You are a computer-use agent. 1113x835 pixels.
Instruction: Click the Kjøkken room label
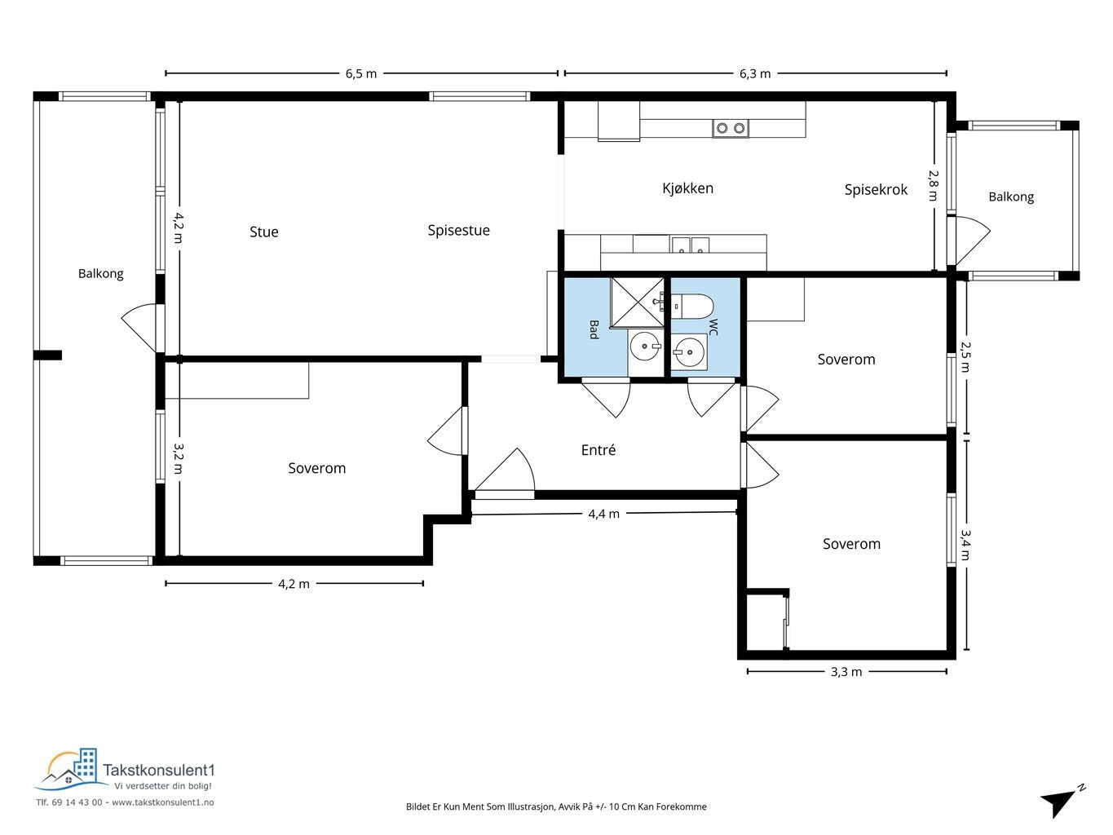pos(687,188)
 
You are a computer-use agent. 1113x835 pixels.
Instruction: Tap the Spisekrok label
pos(876,190)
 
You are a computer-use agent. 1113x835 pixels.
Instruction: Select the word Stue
pos(263,232)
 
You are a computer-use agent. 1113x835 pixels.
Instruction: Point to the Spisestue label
pos(458,231)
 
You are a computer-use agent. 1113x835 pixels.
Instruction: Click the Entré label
pos(598,449)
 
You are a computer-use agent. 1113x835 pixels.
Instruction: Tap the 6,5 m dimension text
pos(361,74)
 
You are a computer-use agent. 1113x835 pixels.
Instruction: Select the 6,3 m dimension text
pos(755,74)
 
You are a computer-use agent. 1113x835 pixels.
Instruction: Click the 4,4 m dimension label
pos(604,514)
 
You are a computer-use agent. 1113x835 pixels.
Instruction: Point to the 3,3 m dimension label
pos(846,672)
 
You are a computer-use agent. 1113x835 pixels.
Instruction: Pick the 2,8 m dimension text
pos(933,186)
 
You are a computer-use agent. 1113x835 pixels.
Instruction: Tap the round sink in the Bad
pos(645,347)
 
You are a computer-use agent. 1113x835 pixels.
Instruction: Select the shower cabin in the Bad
pos(637,303)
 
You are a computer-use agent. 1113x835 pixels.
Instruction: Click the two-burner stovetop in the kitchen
pos(731,128)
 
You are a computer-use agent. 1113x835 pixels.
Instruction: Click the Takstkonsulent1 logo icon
pos(71,770)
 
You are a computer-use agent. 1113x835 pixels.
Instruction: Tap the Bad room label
pos(594,329)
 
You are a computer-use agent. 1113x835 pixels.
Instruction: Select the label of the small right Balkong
pos(1011,197)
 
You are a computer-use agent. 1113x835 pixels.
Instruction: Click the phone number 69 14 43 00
pos(77,802)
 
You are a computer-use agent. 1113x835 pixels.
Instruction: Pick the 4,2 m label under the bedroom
pos(294,584)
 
